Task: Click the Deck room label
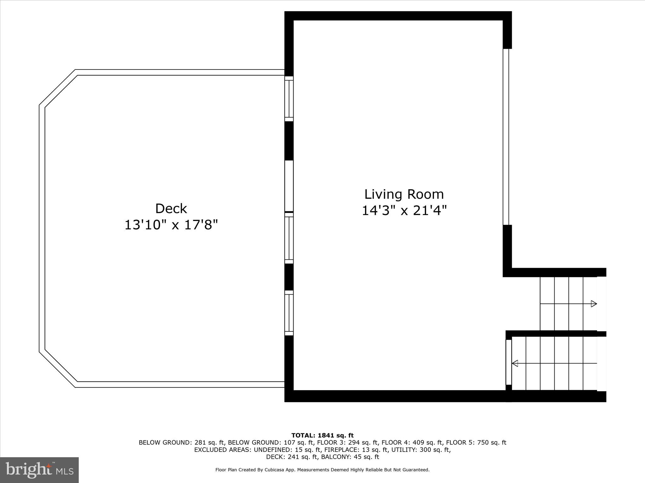point(171,209)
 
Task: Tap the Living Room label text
point(404,194)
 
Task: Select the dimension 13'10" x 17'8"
point(171,225)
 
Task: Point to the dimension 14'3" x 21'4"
point(404,211)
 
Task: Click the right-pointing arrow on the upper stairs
point(594,304)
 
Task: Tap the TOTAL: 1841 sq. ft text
point(322,436)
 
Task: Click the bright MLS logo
point(39,470)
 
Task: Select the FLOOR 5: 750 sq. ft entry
point(476,442)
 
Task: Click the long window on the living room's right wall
point(506,137)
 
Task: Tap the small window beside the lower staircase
point(508,362)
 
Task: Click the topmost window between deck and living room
point(289,99)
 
